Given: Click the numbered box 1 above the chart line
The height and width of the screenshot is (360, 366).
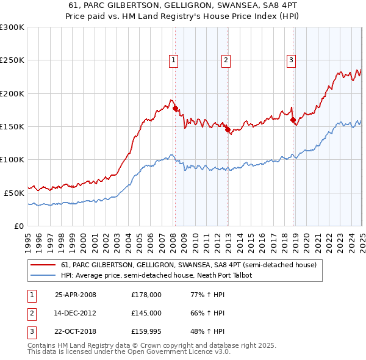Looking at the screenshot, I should pyautogui.click(x=174, y=60).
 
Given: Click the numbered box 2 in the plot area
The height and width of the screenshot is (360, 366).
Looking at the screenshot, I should pyautogui.click(x=226, y=60).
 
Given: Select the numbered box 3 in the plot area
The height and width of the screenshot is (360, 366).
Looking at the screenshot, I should pyautogui.click(x=292, y=60).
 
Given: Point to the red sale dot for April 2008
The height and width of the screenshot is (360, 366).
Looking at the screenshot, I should pyautogui.click(x=176, y=109).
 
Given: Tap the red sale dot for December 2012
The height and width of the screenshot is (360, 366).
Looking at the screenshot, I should pyautogui.click(x=228, y=130).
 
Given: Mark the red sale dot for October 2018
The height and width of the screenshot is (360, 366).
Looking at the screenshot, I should pyautogui.click(x=293, y=120).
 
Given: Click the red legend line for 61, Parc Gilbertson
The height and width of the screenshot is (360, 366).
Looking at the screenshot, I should pyautogui.click(x=43, y=265).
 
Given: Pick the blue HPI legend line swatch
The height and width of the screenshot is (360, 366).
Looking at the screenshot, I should pyautogui.click(x=43, y=276).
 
